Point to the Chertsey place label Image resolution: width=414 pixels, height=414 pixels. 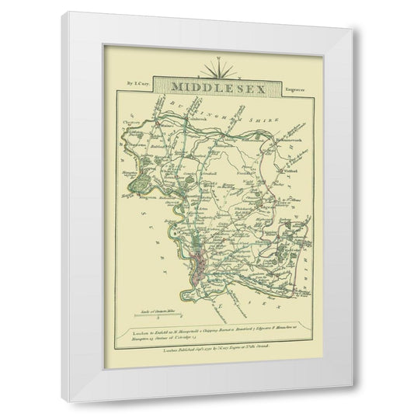click(x=131, y=120)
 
